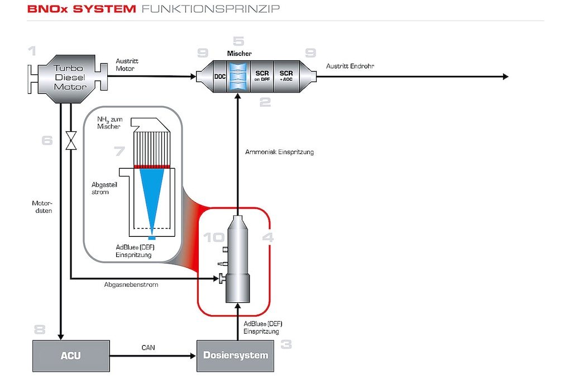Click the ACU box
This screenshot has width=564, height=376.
70,355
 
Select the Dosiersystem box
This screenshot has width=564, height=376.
235,355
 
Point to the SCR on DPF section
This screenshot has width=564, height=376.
262,77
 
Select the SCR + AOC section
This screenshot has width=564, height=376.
286,77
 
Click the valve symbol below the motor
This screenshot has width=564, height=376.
71,140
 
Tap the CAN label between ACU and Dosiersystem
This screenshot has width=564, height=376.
149,348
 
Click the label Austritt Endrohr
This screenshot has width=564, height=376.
350,66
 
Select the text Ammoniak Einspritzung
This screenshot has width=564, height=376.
279,152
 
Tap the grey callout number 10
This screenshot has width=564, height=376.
214,237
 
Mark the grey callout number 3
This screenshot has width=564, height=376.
285,344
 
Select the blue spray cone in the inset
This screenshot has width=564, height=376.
152,196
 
